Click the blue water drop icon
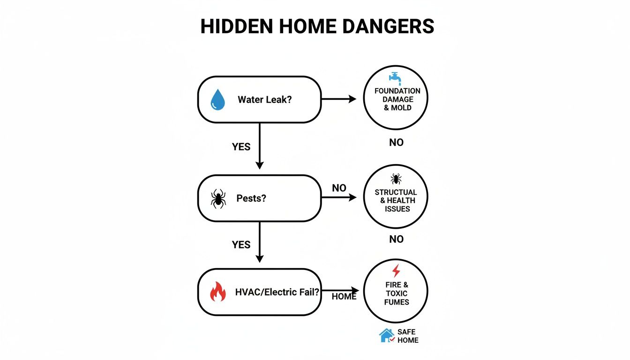[217, 100]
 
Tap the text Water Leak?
[264, 99]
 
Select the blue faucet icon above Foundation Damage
[395, 77]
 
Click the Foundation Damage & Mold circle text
[397, 99]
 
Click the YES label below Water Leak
[241, 147]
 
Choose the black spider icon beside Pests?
[217, 199]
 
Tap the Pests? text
[251, 198]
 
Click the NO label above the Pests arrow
[339, 188]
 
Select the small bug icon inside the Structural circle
[396, 179]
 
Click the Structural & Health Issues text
[396, 201]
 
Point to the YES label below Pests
[241, 245]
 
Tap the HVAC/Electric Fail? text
[277, 292]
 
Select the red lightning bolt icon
[396, 270]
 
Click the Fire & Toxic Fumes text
[397, 293]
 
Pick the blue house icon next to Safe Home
[386, 335]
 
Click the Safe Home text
[407, 336]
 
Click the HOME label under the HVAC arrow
[344, 297]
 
